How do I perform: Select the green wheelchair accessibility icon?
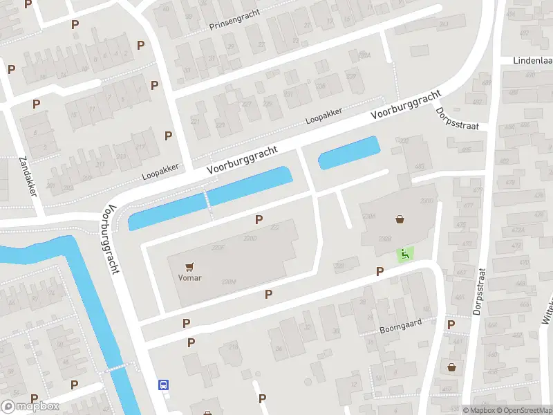(x=404, y=254)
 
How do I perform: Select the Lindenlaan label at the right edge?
(x=532, y=60)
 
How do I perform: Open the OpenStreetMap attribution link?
(x=524, y=410)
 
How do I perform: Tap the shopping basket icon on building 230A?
(x=400, y=219)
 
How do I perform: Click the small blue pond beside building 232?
(x=348, y=152)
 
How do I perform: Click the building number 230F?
(x=219, y=247)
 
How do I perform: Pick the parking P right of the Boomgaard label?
(x=451, y=324)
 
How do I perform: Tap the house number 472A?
(x=512, y=229)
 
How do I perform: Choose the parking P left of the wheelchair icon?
(x=379, y=271)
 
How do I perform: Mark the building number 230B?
(x=385, y=239)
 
